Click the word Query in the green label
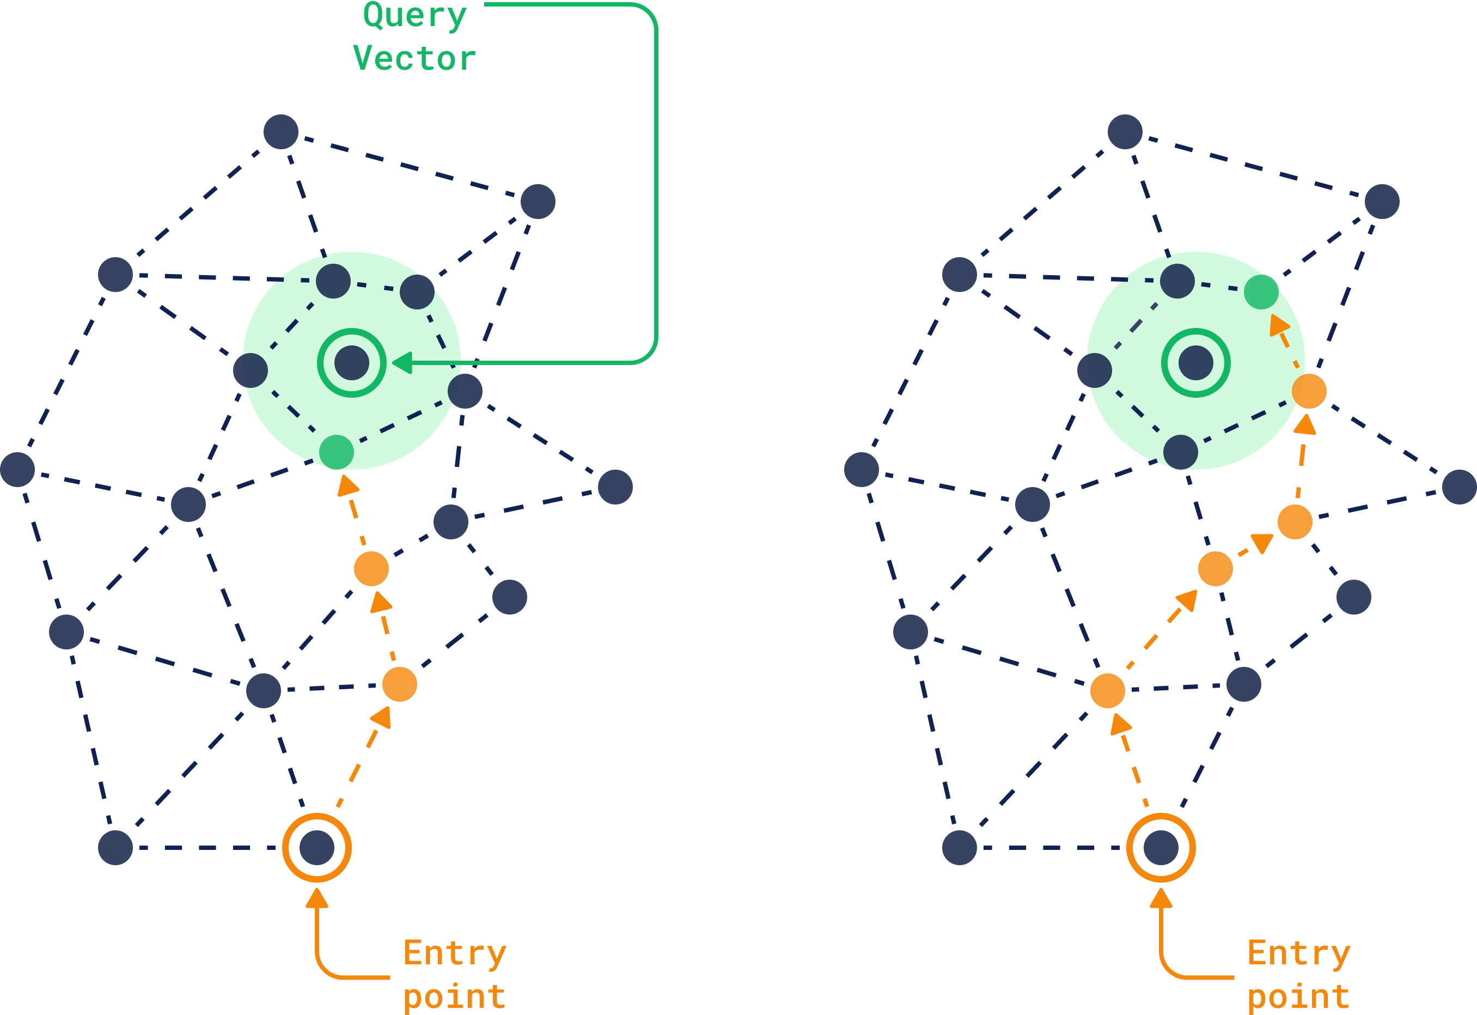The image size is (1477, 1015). [415, 15]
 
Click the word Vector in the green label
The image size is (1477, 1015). [414, 58]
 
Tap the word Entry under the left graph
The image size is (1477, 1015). [455, 953]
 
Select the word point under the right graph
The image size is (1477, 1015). [1299, 996]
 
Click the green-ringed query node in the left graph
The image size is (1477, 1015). [352, 363]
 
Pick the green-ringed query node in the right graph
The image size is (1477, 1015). [1196, 363]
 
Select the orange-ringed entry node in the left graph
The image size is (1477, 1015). [317, 848]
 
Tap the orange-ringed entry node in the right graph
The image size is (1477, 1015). [1161, 848]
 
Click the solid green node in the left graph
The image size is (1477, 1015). [336, 452]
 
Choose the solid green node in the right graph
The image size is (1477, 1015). [1261, 292]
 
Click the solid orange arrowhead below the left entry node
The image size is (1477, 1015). [317, 897]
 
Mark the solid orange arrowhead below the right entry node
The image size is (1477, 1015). [1161, 897]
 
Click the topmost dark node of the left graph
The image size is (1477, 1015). [281, 132]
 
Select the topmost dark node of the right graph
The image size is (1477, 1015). [1125, 132]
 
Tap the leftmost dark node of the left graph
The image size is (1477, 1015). [17, 469]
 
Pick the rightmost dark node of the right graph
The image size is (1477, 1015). [1459, 487]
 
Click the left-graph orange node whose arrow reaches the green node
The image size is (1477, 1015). [371, 569]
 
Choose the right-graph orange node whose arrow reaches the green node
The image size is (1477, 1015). [1309, 391]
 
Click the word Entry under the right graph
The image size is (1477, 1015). [1299, 953]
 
